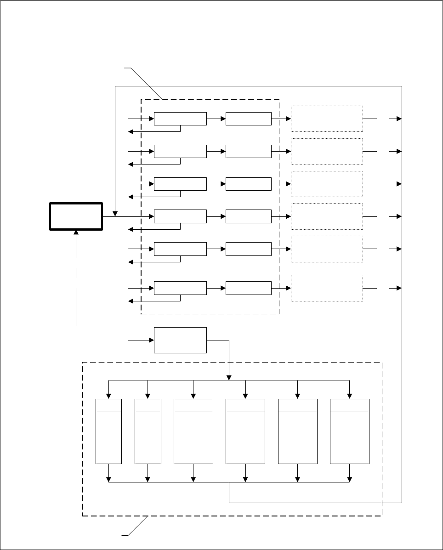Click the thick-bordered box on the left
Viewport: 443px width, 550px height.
click(x=76, y=216)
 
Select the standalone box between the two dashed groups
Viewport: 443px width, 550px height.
click(x=180, y=340)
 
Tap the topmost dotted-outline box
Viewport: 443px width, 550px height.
click(x=327, y=119)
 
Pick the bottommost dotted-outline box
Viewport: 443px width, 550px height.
click(x=327, y=288)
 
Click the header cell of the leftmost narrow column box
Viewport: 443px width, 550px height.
click(x=108, y=405)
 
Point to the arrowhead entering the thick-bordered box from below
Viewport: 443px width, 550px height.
click(x=76, y=233)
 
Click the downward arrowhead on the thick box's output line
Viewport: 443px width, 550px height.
click(x=115, y=214)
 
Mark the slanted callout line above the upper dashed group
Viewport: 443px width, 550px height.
click(x=145, y=83)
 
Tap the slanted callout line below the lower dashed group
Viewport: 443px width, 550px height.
click(x=137, y=526)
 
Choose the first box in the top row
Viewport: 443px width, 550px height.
click(x=180, y=119)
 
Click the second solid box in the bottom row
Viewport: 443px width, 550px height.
click(x=248, y=288)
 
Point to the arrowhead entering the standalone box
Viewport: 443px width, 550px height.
click(x=151, y=340)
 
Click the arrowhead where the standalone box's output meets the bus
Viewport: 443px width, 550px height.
click(x=229, y=378)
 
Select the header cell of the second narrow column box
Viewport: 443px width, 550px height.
click(x=148, y=405)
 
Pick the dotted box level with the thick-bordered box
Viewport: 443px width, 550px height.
click(x=327, y=216)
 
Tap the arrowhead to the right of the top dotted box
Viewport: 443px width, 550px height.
click(x=399, y=119)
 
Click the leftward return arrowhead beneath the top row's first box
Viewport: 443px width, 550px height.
click(x=130, y=132)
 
